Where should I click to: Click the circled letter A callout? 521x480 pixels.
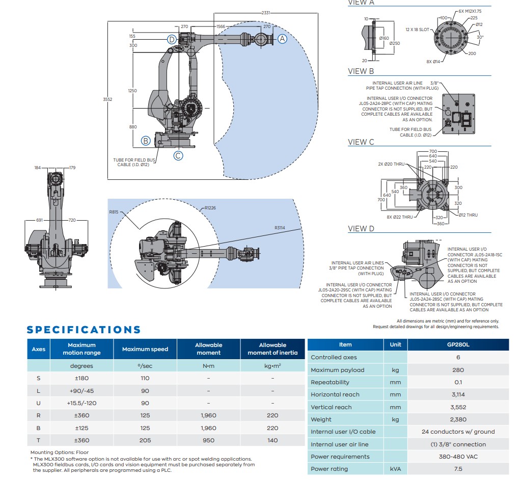click(x=282, y=38)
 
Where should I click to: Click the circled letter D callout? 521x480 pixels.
click(x=172, y=39)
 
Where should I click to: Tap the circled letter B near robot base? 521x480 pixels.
click(x=146, y=140)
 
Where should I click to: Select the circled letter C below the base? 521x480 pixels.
click(x=178, y=156)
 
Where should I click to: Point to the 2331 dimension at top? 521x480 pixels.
click(x=266, y=12)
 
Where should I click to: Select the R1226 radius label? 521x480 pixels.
click(x=210, y=208)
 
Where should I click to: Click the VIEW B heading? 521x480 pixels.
click(x=361, y=71)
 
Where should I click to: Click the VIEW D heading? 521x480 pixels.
click(x=361, y=229)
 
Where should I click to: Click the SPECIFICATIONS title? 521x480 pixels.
click(x=84, y=330)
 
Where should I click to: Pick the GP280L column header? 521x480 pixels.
click(x=457, y=344)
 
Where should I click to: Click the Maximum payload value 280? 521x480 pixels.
click(x=457, y=370)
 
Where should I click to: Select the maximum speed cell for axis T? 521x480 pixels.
click(x=145, y=440)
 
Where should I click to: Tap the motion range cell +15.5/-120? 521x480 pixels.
click(x=81, y=403)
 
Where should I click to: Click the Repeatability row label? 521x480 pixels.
click(x=330, y=382)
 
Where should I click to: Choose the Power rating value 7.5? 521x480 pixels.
click(x=457, y=469)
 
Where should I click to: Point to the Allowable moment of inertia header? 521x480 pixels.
click(x=272, y=349)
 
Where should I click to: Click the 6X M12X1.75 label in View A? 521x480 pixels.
click(x=471, y=11)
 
